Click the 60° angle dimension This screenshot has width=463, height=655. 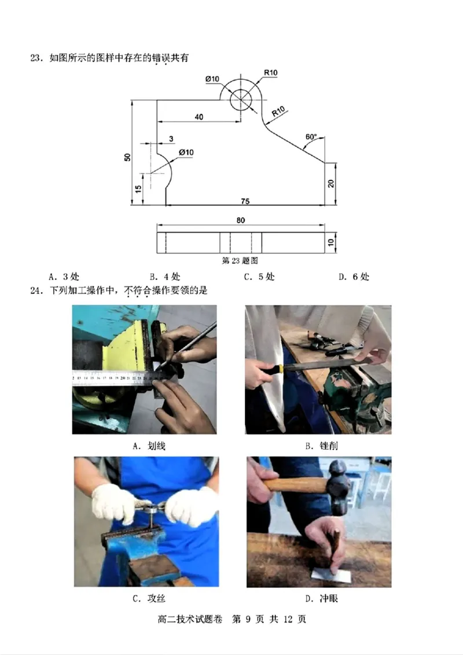point(311,137)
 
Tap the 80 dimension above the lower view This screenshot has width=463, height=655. point(240,220)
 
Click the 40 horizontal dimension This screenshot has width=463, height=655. point(199,117)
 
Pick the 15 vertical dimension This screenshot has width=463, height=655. point(138,189)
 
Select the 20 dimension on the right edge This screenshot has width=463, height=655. point(330,183)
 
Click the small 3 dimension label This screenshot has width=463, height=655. point(171,139)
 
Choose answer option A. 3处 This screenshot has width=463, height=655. point(64,277)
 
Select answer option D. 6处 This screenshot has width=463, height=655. point(354,277)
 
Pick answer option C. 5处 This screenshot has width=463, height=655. point(259,277)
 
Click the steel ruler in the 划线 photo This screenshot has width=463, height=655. point(116,378)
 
